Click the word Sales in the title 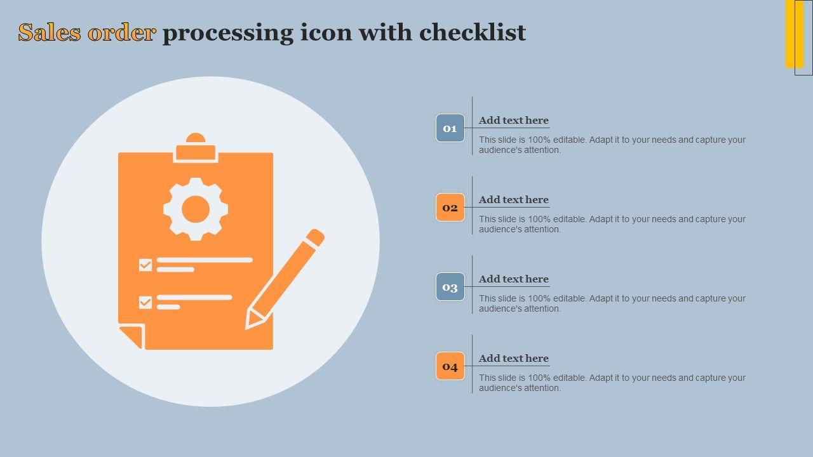(50, 32)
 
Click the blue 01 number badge (450, 128)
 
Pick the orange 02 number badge (450, 208)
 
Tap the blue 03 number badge (450, 287)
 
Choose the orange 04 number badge (450, 366)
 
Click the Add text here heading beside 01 (514, 120)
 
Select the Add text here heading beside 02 (514, 199)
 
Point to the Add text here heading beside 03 (514, 279)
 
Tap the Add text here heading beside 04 (514, 358)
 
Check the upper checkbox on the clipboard (145, 265)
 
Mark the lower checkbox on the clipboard (145, 303)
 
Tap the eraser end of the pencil (315, 237)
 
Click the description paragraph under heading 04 (612, 383)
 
